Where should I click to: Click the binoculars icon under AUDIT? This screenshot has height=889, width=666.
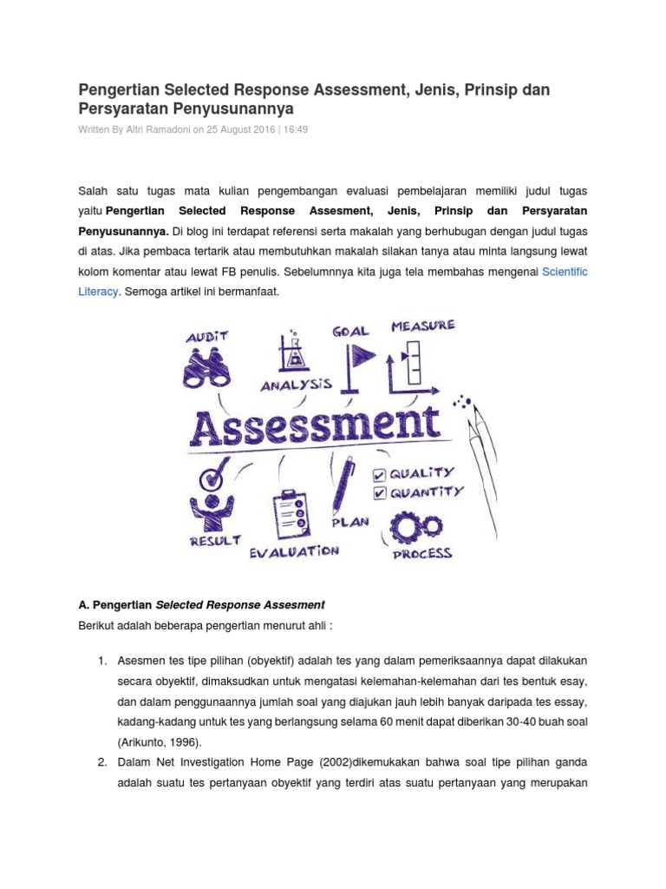(x=207, y=367)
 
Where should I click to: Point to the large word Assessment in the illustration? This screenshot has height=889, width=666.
(x=314, y=425)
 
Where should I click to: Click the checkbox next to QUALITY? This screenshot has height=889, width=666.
(x=379, y=475)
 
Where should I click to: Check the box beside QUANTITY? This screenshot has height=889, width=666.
(x=379, y=493)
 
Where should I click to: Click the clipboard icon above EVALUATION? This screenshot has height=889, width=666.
(x=290, y=516)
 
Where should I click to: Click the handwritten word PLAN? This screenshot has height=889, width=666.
(x=349, y=523)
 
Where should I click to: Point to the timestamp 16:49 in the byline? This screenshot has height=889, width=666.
(x=294, y=129)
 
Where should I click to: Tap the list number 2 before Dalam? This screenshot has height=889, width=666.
(x=101, y=762)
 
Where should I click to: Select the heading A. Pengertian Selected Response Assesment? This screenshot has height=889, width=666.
(x=201, y=605)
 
